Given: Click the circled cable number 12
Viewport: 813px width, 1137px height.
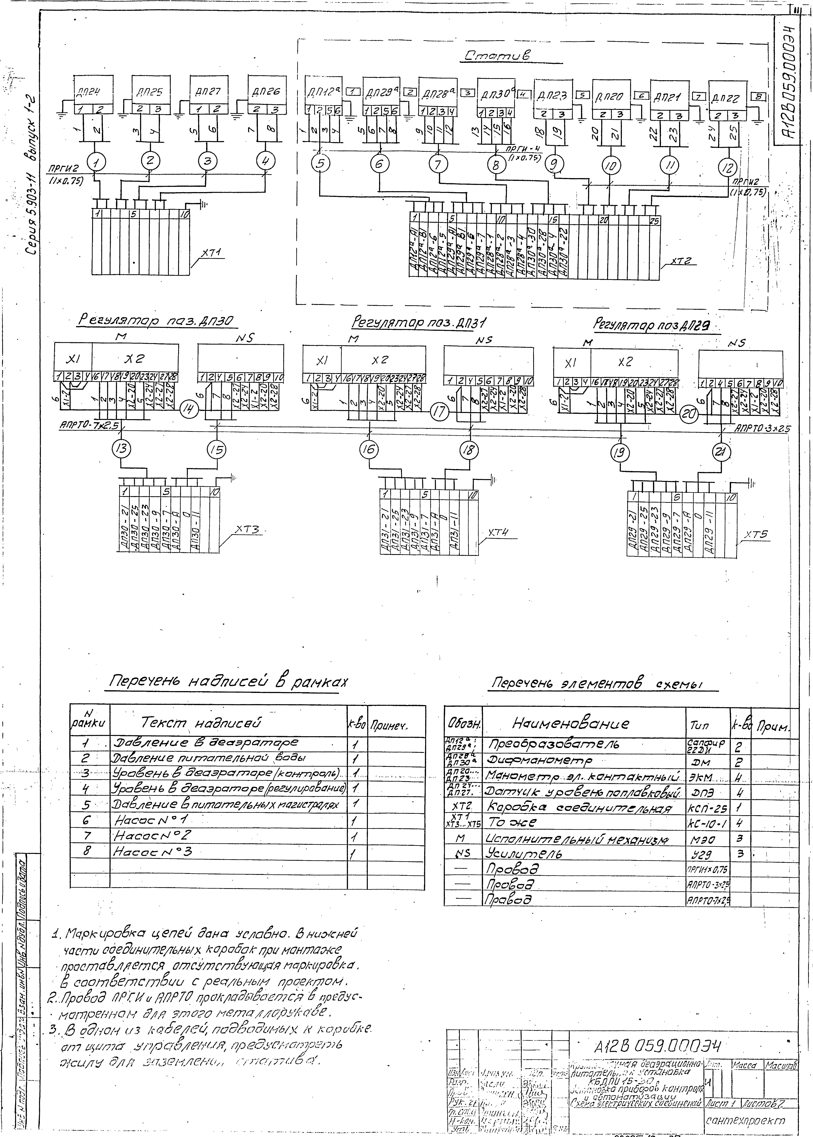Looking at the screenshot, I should [728, 166].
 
